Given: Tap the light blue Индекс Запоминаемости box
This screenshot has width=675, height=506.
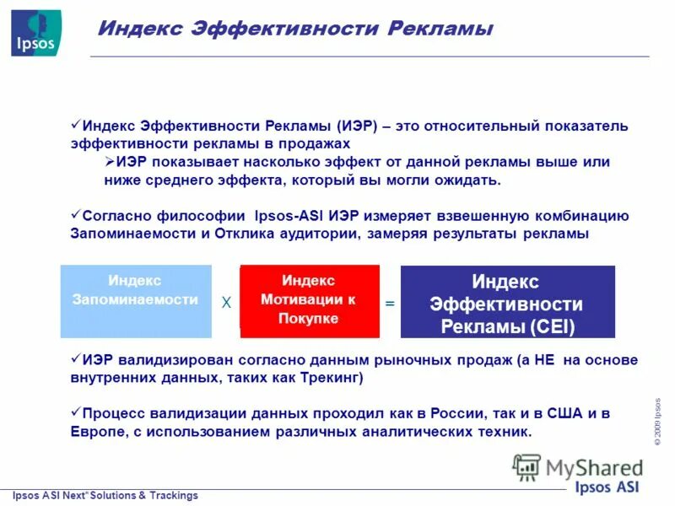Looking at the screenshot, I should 136,301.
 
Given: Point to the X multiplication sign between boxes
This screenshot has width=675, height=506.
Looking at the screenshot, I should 225,303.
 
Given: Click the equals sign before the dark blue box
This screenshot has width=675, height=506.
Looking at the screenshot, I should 390,303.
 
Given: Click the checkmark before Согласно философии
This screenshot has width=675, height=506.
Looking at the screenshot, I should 75,214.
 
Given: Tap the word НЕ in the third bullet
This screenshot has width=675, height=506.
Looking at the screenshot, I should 545,360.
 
